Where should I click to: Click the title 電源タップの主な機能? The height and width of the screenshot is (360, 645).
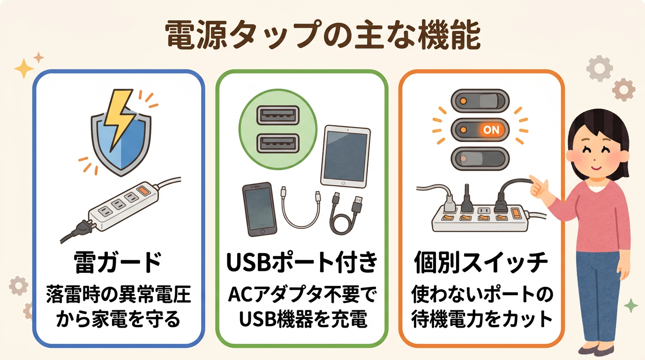pyautogui.click(x=322, y=35)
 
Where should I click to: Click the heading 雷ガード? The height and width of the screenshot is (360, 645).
pyautogui.click(x=118, y=264)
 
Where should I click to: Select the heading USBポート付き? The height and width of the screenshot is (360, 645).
pyautogui.click(x=302, y=264)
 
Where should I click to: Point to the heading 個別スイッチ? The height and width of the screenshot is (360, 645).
pyautogui.click(x=481, y=264)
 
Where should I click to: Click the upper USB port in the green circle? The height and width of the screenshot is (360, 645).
pyautogui.click(x=277, y=115)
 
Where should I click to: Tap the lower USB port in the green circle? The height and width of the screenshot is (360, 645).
pyautogui.click(x=277, y=144)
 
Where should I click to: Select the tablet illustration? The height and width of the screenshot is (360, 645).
pyautogui.click(x=345, y=156)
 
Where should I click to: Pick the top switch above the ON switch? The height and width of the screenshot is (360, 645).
pyautogui.click(x=480, y=100)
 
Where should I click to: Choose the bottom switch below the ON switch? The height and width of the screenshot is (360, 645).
pyautogui.click(x=480, y=159)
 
